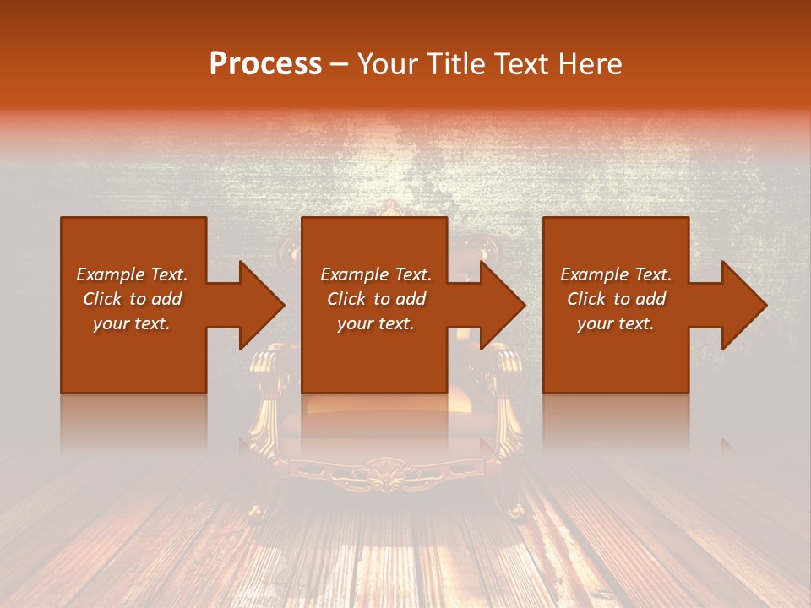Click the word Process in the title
(x=265, y=63)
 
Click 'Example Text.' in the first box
(x=132, y=274)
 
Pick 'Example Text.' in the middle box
(x=376, y=274)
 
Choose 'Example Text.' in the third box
(x=616, y=274)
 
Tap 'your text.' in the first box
(x=132, y=323)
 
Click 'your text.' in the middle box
(x=376, y=323)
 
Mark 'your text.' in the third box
(x=616, y=323)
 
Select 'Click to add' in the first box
(x=132, y=299)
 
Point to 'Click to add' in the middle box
(x=376, y=299)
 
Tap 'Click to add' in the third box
(x=616, y=299)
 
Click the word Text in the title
(x=518, y=63)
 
